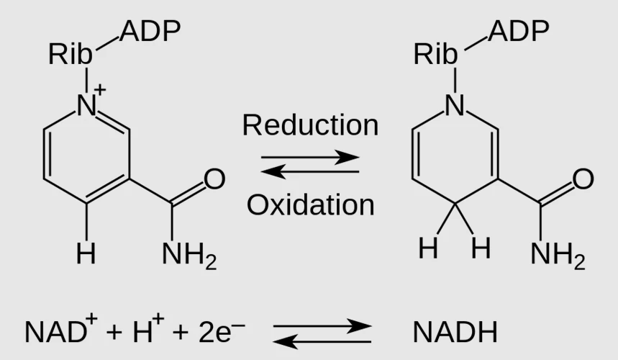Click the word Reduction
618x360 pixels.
311,125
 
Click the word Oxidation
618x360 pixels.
311,205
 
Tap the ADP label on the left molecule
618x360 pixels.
150,31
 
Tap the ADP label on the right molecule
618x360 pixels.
519,31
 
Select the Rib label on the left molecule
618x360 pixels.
71,54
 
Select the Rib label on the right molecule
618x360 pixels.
435,54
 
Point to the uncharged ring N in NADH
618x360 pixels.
455,105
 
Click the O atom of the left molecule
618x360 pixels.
214,179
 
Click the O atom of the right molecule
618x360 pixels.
583,179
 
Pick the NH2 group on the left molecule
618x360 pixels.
189,256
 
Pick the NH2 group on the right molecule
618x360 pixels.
558,256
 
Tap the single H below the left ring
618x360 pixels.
86,253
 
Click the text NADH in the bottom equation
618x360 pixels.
455,332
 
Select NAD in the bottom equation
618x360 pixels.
55,332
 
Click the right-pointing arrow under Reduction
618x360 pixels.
310,158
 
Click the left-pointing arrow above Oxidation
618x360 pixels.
310,172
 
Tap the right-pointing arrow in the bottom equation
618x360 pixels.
322,326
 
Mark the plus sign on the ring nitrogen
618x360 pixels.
100,89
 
